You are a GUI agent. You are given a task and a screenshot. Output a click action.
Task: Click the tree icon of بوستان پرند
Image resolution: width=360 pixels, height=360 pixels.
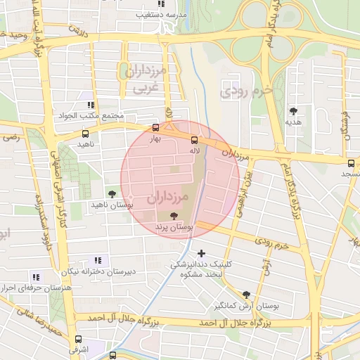click(x=174, y=216)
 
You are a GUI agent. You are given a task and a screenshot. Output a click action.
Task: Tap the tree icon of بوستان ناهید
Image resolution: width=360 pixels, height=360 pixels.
click(x=111, y=193)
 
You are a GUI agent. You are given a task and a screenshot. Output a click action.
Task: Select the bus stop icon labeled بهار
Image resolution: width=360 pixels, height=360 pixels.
click(x=156, y=128)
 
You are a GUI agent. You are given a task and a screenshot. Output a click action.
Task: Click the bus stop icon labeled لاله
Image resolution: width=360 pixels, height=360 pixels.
click(x=195, y=139)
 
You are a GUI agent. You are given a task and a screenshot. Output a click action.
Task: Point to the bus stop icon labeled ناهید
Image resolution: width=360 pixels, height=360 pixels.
click(x=86, y=133)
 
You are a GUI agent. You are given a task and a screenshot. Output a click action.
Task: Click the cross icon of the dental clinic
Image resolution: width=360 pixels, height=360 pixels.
click(x=202, y=253)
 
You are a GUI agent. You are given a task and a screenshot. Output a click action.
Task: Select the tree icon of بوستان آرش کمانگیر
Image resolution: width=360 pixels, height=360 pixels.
click(x=246, y=295)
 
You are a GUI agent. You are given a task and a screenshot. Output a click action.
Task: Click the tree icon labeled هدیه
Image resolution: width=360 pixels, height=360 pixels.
click(x=293, y=110)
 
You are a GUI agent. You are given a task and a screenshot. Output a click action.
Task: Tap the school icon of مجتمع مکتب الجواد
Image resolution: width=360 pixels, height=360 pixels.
click(x=90, y=105)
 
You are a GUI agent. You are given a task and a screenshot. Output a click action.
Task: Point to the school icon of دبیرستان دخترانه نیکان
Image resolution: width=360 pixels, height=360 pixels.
click(x=96, y=260)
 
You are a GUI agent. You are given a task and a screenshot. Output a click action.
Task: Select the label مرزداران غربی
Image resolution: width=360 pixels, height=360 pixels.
click(x=146, y=81)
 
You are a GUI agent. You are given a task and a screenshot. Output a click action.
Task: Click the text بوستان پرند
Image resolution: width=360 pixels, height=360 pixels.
click(x=174, y=228)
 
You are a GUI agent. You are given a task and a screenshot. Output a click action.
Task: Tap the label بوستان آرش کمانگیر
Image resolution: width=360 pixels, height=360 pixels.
click(x=247, y=307)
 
